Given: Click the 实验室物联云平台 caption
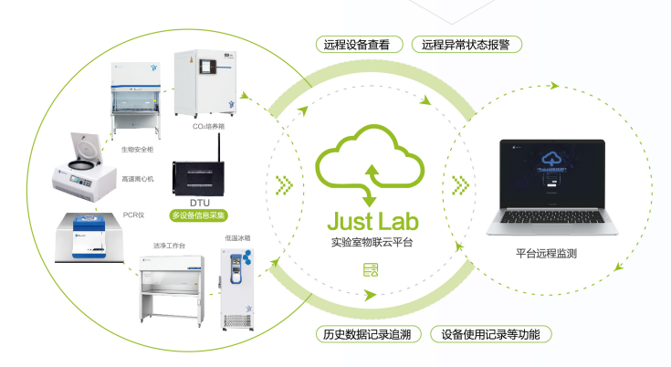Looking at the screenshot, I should (x=370, y=245).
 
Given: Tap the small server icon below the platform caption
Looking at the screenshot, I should (x=370, y=270).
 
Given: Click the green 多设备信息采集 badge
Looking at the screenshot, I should (x=200, y=216).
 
